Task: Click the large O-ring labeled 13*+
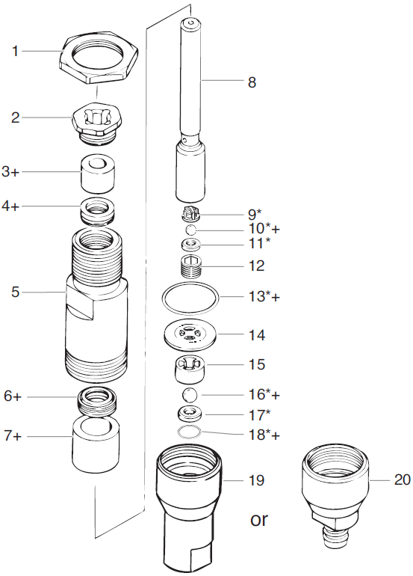[x=191, y=297]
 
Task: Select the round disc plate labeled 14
[x=191, y=336]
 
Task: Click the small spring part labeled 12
[x=193, y=266]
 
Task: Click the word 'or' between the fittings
[x=259, y=519]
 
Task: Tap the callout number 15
[x=256, y=365]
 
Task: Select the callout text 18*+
[x=264, y=434]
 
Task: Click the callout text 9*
[x=254, y=212]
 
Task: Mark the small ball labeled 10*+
[x=191, y=229]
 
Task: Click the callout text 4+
[x=12, y=205]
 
